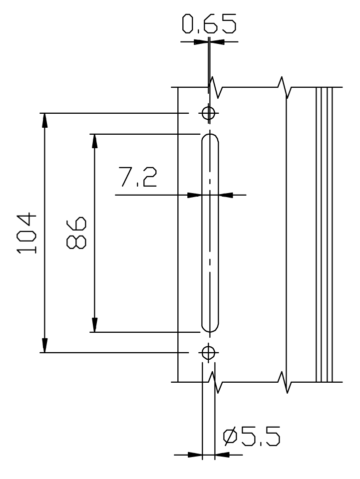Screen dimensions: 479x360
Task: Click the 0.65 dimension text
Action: (x=209, y=24)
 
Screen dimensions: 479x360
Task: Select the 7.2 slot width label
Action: (x=137, y=178)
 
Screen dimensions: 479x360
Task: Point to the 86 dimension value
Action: (x=76, y=233)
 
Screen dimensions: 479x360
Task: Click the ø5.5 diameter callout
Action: (x=252, y=437)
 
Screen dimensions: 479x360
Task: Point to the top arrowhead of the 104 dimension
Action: (x=45, y=120)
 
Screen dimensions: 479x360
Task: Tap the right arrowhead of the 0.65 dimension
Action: (x=217, y=41)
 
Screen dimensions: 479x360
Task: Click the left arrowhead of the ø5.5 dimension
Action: (x=195, y=455)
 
